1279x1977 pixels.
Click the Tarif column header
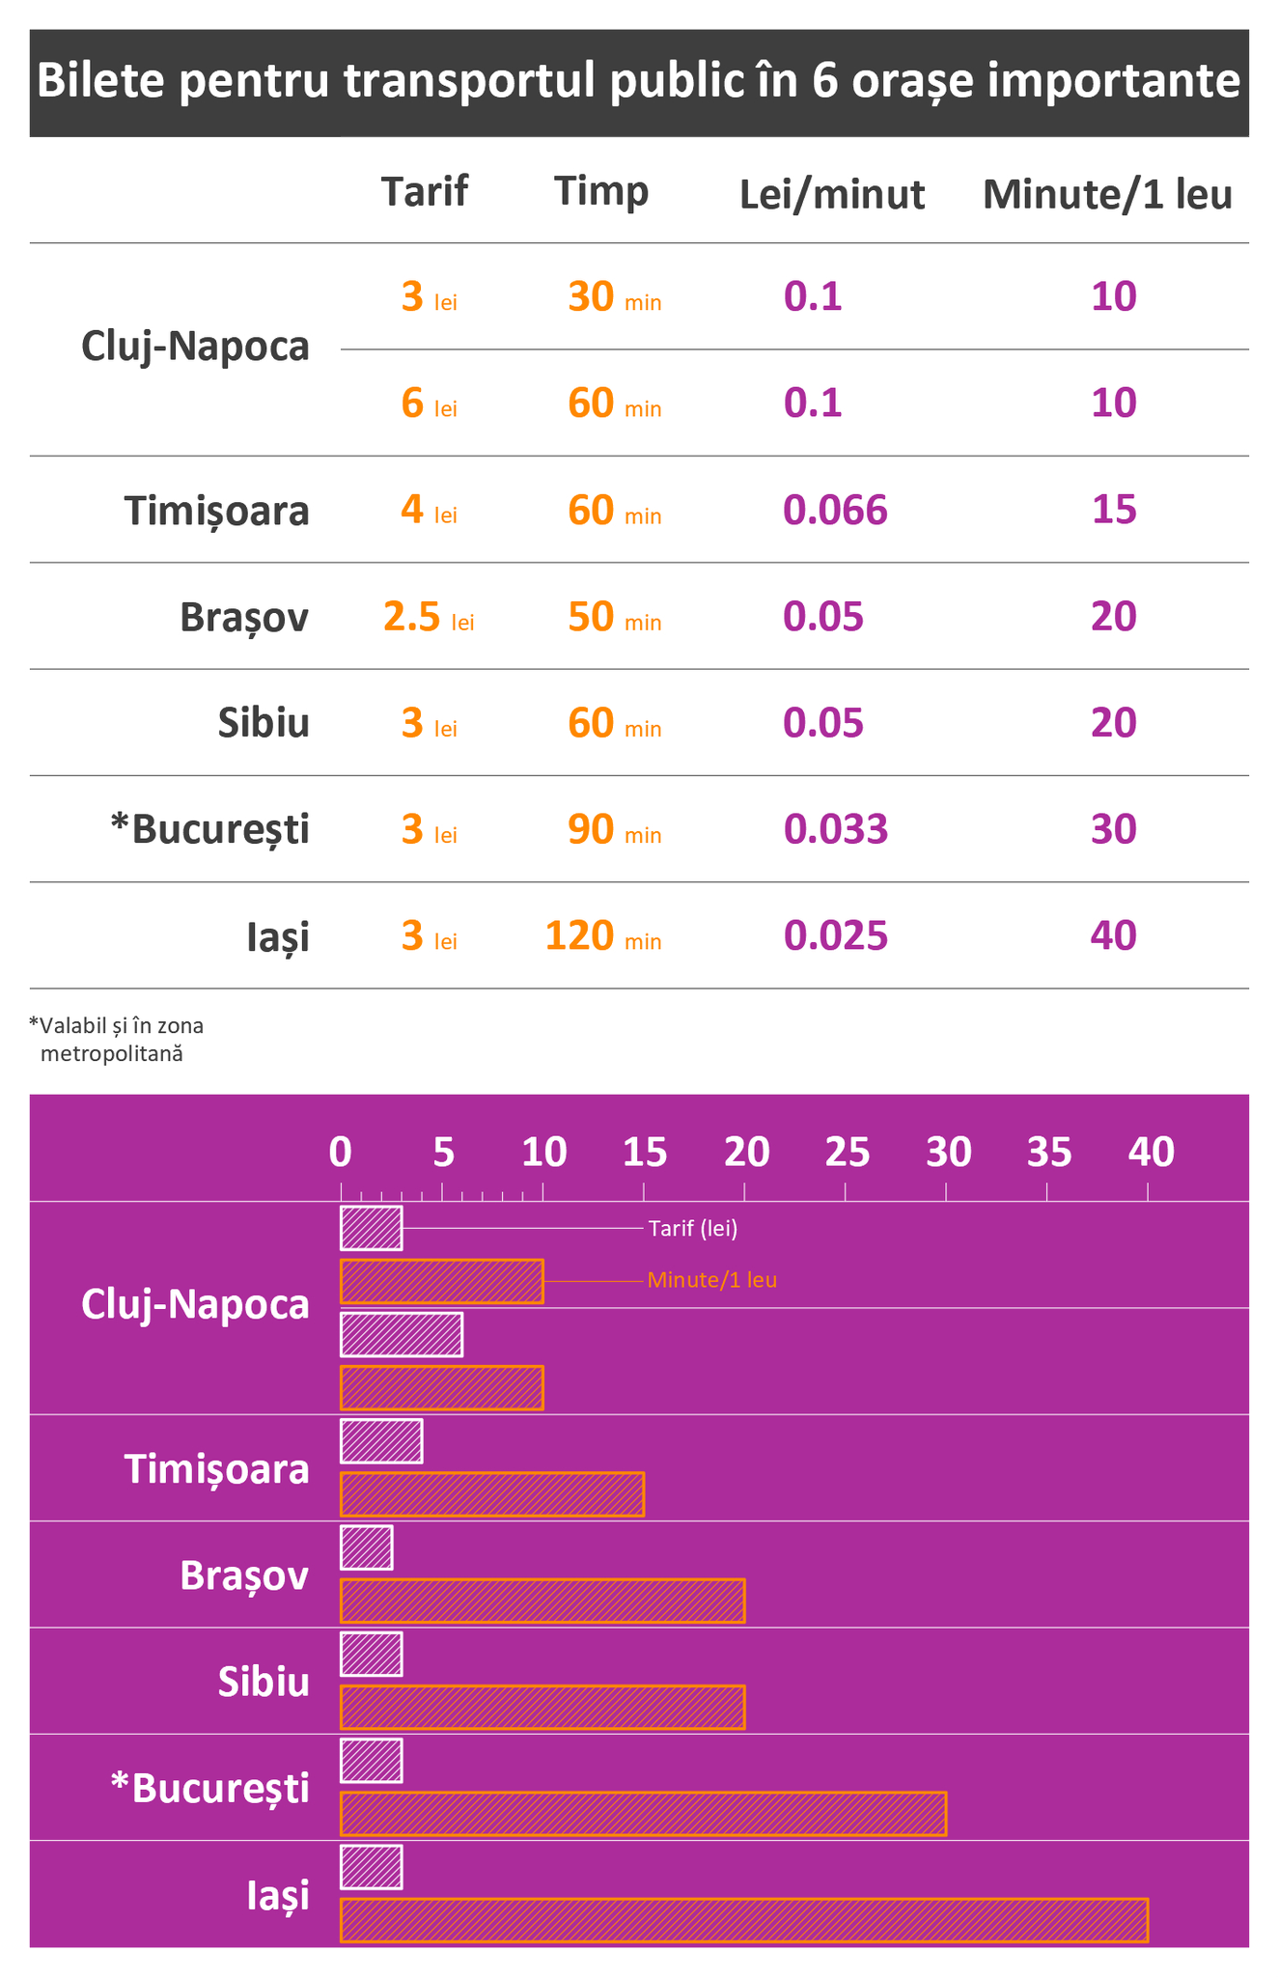click(x=424, y=191)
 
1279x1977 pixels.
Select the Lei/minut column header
click(x=832, y=195)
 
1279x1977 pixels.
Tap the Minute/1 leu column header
click(x=1107, y=195)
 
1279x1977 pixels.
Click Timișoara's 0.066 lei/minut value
click(x=835, y=510)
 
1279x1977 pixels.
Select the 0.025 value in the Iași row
click(x=835, y=935)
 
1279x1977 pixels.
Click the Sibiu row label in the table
click(x=264, y=722)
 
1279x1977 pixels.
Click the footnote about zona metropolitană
click(x=116, y=1039)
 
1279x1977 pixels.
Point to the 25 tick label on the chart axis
click(x=848, y=1152)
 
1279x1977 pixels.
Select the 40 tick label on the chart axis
click(x=1152, y=1152)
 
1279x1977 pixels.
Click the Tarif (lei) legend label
click(x=693, y=1229)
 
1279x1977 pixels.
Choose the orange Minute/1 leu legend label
click(x=712, y=1280)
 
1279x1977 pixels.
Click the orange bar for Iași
click(x=743, y=1919)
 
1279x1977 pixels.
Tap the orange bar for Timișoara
click(x=491, y=1494)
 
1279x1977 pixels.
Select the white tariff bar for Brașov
click(x=367, y=1547)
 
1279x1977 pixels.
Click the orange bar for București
click(x=643, y=1813)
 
